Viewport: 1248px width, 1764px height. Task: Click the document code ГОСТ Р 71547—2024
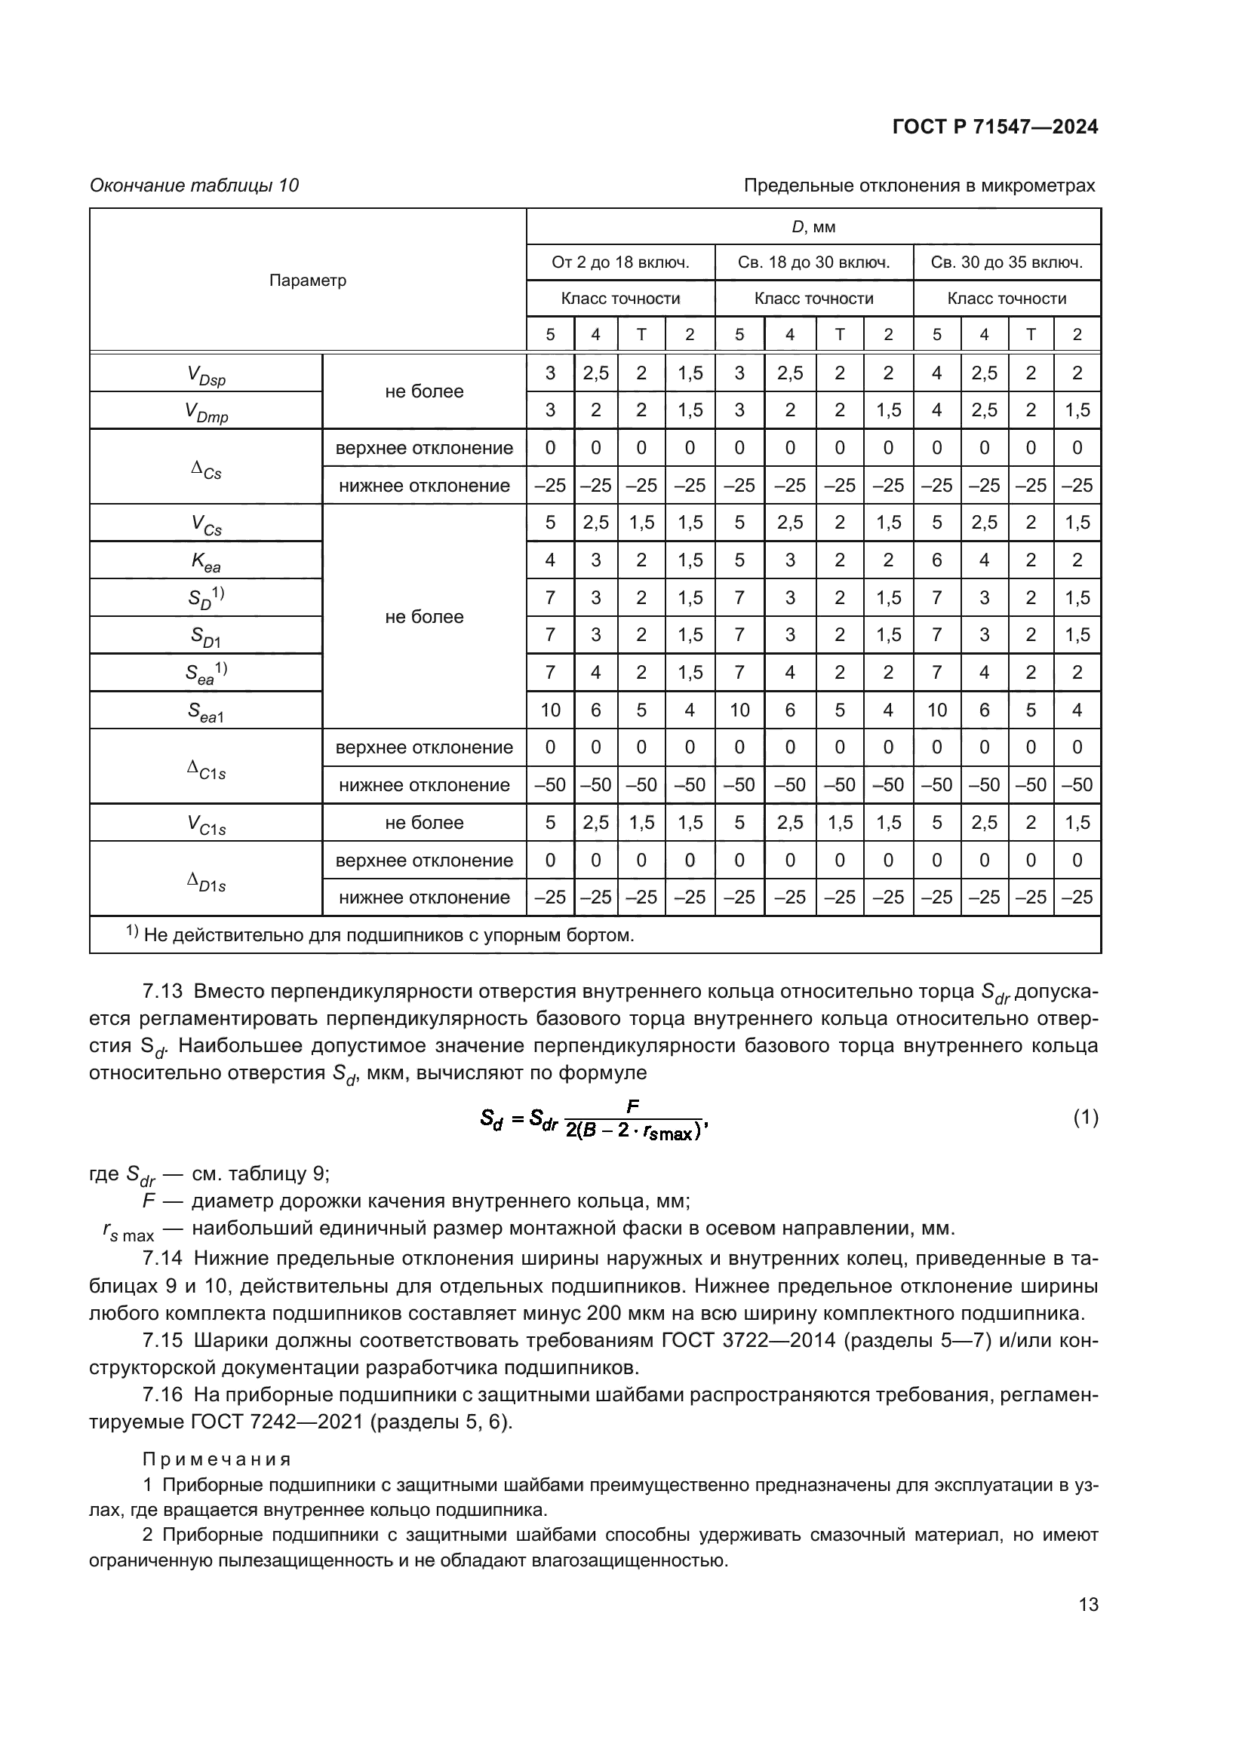[x=995, y=127]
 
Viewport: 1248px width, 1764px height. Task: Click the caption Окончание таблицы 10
[x=195, y=186]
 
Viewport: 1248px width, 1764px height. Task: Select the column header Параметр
[x=307, y=281]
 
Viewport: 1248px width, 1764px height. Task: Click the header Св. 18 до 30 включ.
[x=814, y=262]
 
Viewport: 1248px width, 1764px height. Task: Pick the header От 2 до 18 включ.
[x=620, y=262]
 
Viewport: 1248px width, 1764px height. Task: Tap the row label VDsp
[x=206, y=375]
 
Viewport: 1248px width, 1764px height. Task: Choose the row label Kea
[x=206, y=563]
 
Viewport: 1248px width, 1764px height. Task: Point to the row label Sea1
[x=206, y=712]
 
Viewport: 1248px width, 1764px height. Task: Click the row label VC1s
[x=206, y=824]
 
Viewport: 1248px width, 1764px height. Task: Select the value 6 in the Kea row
[x=936, y=560]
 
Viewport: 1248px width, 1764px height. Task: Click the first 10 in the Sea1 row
[x=550, y=710]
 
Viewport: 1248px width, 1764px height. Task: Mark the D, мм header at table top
[x=813, y=228]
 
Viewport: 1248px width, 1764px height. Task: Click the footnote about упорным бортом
[x=380, y=935]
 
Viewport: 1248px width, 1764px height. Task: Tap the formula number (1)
[x=1085, y=1118]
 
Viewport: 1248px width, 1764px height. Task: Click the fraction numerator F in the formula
[x=632, y=1106]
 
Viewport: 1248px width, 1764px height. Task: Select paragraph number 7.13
[x=163, y=992]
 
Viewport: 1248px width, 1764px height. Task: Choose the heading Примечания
[x=217, y=1459]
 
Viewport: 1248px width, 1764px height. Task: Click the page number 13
[x=1088, y=1605]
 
